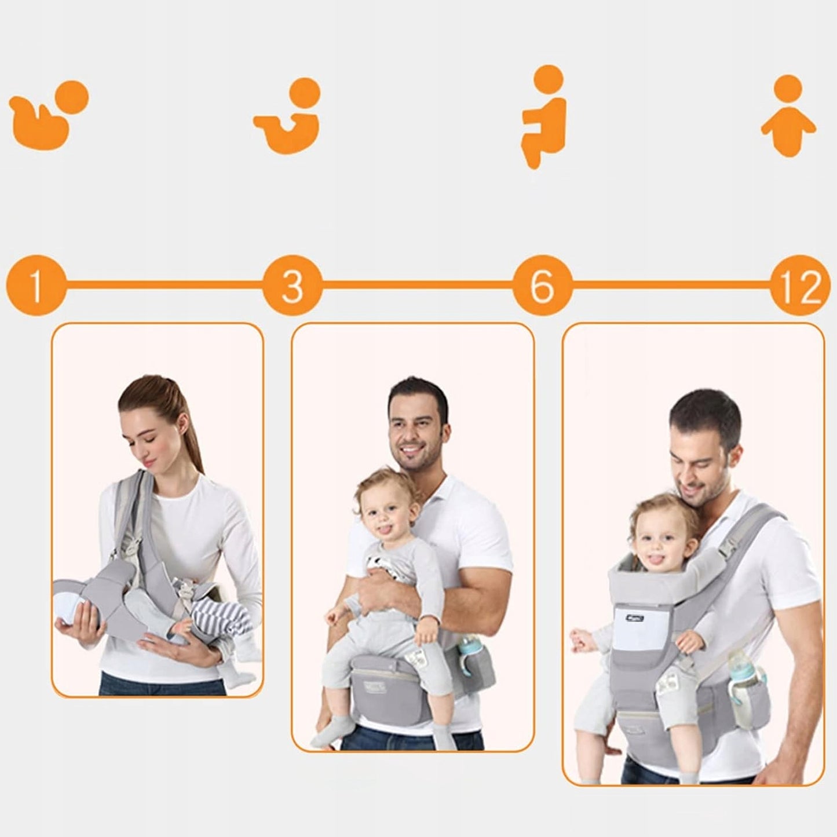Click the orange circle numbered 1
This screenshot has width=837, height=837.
35,286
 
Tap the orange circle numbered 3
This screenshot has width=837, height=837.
292,286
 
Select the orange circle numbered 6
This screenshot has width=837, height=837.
542,286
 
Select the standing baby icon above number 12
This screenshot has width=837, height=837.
788,116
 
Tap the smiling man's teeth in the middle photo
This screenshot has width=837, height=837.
412,448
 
